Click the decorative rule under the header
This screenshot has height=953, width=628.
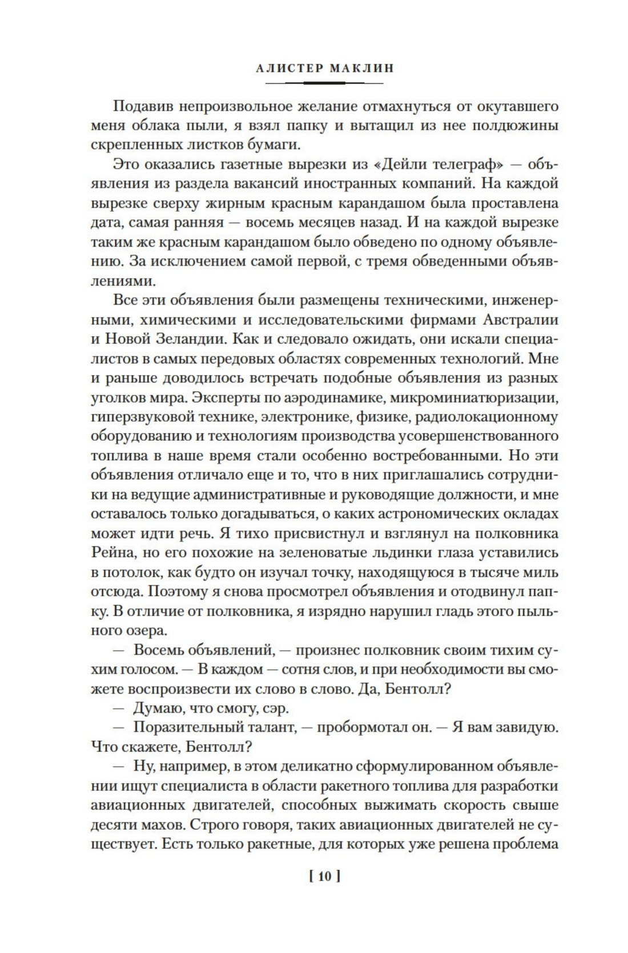click(324, 84)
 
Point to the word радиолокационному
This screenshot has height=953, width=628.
click(487, 417)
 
